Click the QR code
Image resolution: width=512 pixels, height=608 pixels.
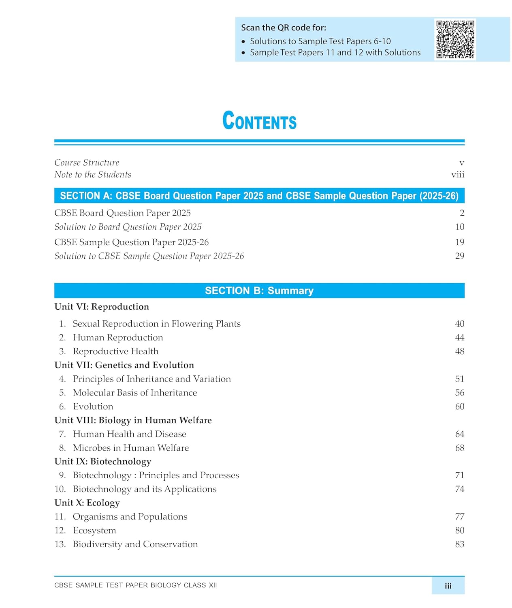[455, 39]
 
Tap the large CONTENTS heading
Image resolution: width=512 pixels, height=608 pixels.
[259, 121]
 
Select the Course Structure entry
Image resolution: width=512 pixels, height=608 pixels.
[87, 163]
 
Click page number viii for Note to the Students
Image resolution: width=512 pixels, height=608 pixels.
[458, 175]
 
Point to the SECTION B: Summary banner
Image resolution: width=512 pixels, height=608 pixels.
[259, 291]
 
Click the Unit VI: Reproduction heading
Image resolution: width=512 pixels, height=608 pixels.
[102, 307]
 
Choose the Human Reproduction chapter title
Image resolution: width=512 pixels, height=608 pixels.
[118, 338]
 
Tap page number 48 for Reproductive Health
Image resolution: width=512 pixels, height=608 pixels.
[459, 351]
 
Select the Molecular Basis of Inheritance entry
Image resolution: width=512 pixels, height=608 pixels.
[135, 393]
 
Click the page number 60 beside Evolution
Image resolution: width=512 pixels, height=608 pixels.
[459, 407]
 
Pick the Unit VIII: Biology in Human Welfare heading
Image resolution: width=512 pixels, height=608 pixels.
[133, 420]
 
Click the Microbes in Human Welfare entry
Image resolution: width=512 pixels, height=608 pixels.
[131, 448]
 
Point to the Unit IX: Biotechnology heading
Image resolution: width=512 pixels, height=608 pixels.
[103, 462]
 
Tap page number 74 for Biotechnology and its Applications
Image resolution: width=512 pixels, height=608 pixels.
[459, 489]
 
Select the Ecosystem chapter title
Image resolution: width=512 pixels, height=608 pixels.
[94, 531]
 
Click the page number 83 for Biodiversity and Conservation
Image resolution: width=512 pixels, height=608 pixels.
[459, 544]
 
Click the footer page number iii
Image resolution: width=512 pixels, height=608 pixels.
[448, 586]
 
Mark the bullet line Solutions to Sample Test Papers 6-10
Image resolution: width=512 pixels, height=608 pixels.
[320, 41]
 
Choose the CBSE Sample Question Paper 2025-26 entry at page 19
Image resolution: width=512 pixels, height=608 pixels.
[132, 242]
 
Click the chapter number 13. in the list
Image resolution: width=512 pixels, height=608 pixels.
[60, 544]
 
